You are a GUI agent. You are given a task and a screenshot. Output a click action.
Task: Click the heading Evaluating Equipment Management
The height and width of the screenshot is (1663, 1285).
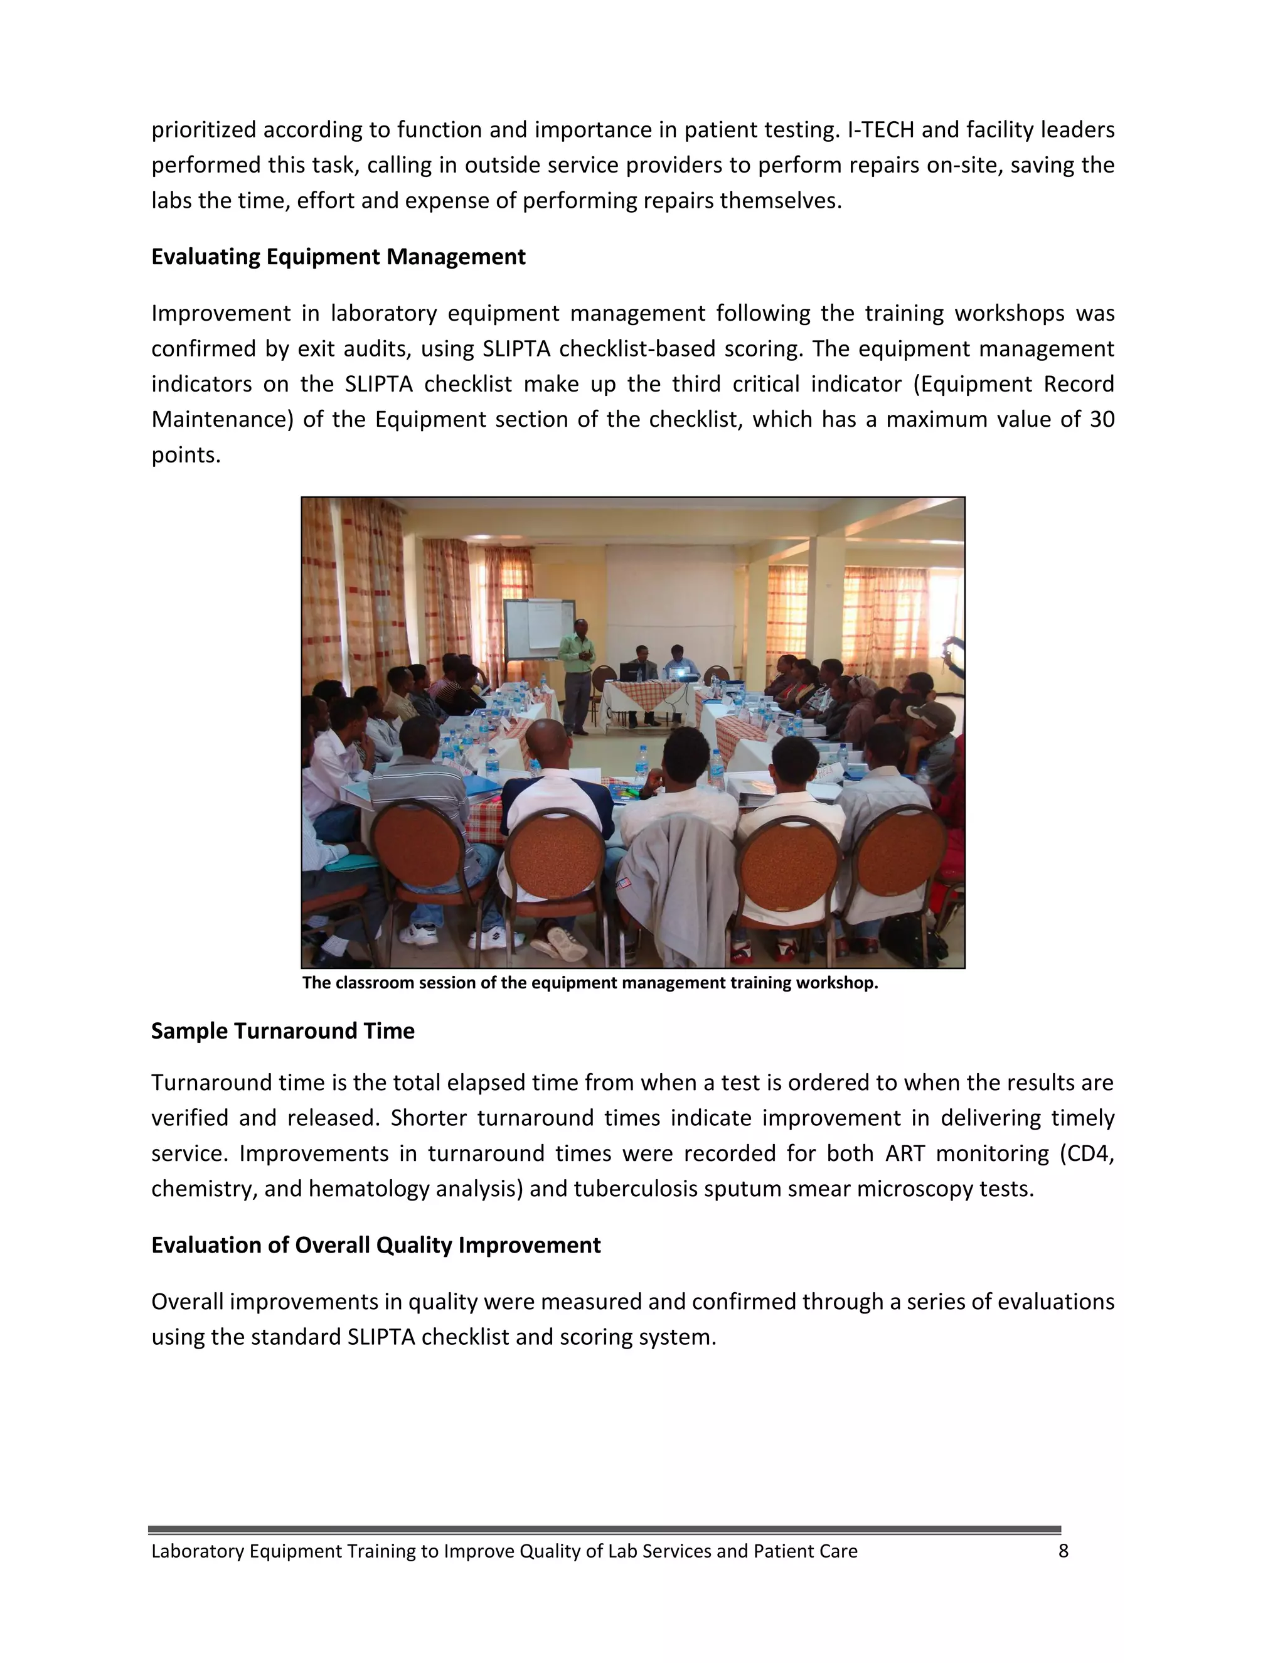click(338, 257)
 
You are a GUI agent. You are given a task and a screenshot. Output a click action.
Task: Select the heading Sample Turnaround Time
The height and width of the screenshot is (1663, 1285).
click(282, 1030)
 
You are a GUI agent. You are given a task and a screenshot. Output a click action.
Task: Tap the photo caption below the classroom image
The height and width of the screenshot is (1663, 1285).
click(590, 982)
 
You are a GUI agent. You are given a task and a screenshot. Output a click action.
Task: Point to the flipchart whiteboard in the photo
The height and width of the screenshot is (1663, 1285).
click(539, 628)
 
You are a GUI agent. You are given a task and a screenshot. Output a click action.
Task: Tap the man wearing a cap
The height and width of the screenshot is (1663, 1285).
click(930, 724)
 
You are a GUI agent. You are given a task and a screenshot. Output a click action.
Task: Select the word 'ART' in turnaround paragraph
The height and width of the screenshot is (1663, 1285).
click(904, 1153)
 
